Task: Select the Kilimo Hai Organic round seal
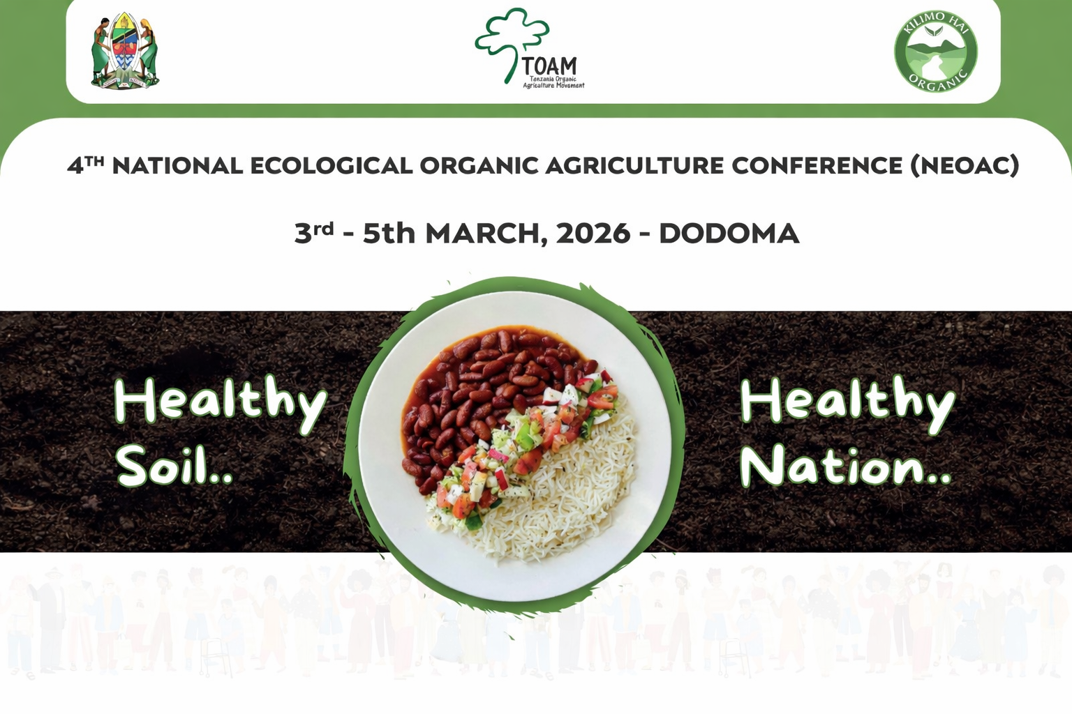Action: [935, 52]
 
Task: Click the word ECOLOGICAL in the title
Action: [331, 166]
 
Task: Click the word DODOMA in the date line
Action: [729, 234]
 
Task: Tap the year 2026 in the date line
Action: [593, 234]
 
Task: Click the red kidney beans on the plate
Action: [475, 390]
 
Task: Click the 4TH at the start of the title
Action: [85, 166]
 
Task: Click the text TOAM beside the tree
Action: [550, 67]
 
